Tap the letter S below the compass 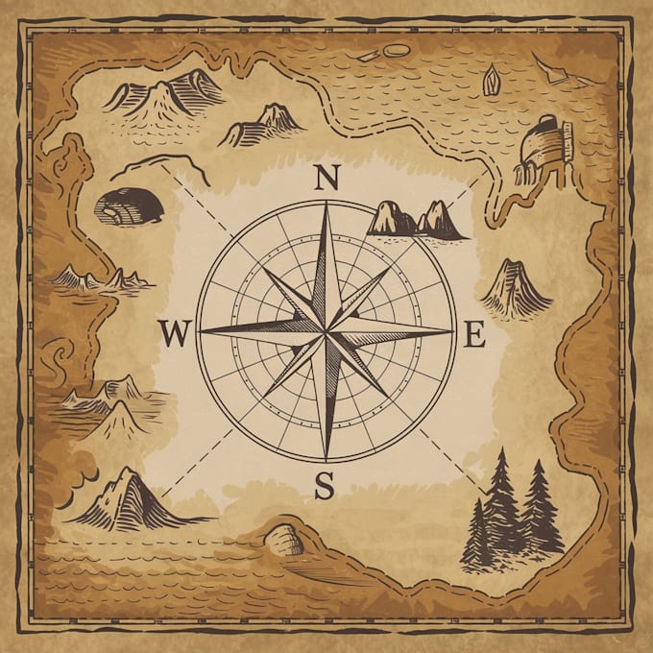tap(325, 487)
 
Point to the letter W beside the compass tap(175, 333)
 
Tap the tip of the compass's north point tap(326, 203)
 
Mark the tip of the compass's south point tap(326, 460)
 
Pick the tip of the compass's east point tap(453, 331)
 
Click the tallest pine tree tap(500, 504)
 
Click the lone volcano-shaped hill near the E tap(516, 288)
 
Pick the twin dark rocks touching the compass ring tap(416, 220)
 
